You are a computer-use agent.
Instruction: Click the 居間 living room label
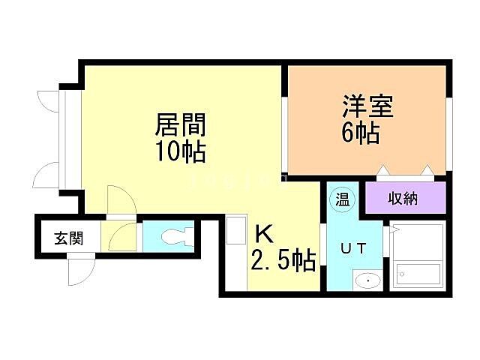click(x=180, y=124)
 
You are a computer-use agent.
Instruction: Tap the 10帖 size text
click(x=181, y=152)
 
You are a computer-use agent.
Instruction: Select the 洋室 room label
click(x=367, y=105)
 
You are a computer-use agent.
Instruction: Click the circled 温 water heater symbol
click(x=342, y=199)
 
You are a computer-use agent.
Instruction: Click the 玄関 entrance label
click(x=67, y=239)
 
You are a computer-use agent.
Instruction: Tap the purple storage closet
click(x=406, y=199)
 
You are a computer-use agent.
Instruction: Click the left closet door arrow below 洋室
click(x=385, y=172)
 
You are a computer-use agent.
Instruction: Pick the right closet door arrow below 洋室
click(x=427, y=172)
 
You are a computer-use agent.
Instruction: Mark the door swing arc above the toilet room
click(x=120, y=202)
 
